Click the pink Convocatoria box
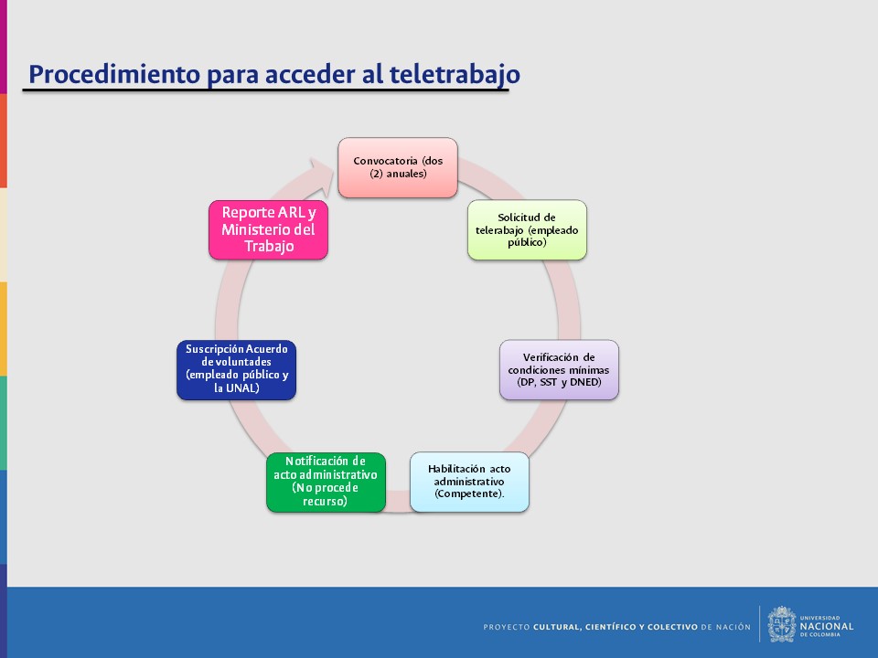point(398,167)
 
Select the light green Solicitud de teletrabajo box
point(527,230)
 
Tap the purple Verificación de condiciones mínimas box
point(559,370)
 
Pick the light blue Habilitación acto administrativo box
point(469,482)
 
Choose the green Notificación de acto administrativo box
point(326,482)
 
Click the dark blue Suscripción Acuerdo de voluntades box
point(236,370)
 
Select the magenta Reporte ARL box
point(268,230)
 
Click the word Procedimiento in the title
point(114,74)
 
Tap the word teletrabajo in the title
point(455,74)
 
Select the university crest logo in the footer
point(782,624)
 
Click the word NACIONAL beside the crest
point(827,626)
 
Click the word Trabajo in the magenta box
point(269,246)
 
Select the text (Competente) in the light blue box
point(469,493)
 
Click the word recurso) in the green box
point(326,501)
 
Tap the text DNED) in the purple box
point(585,382)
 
